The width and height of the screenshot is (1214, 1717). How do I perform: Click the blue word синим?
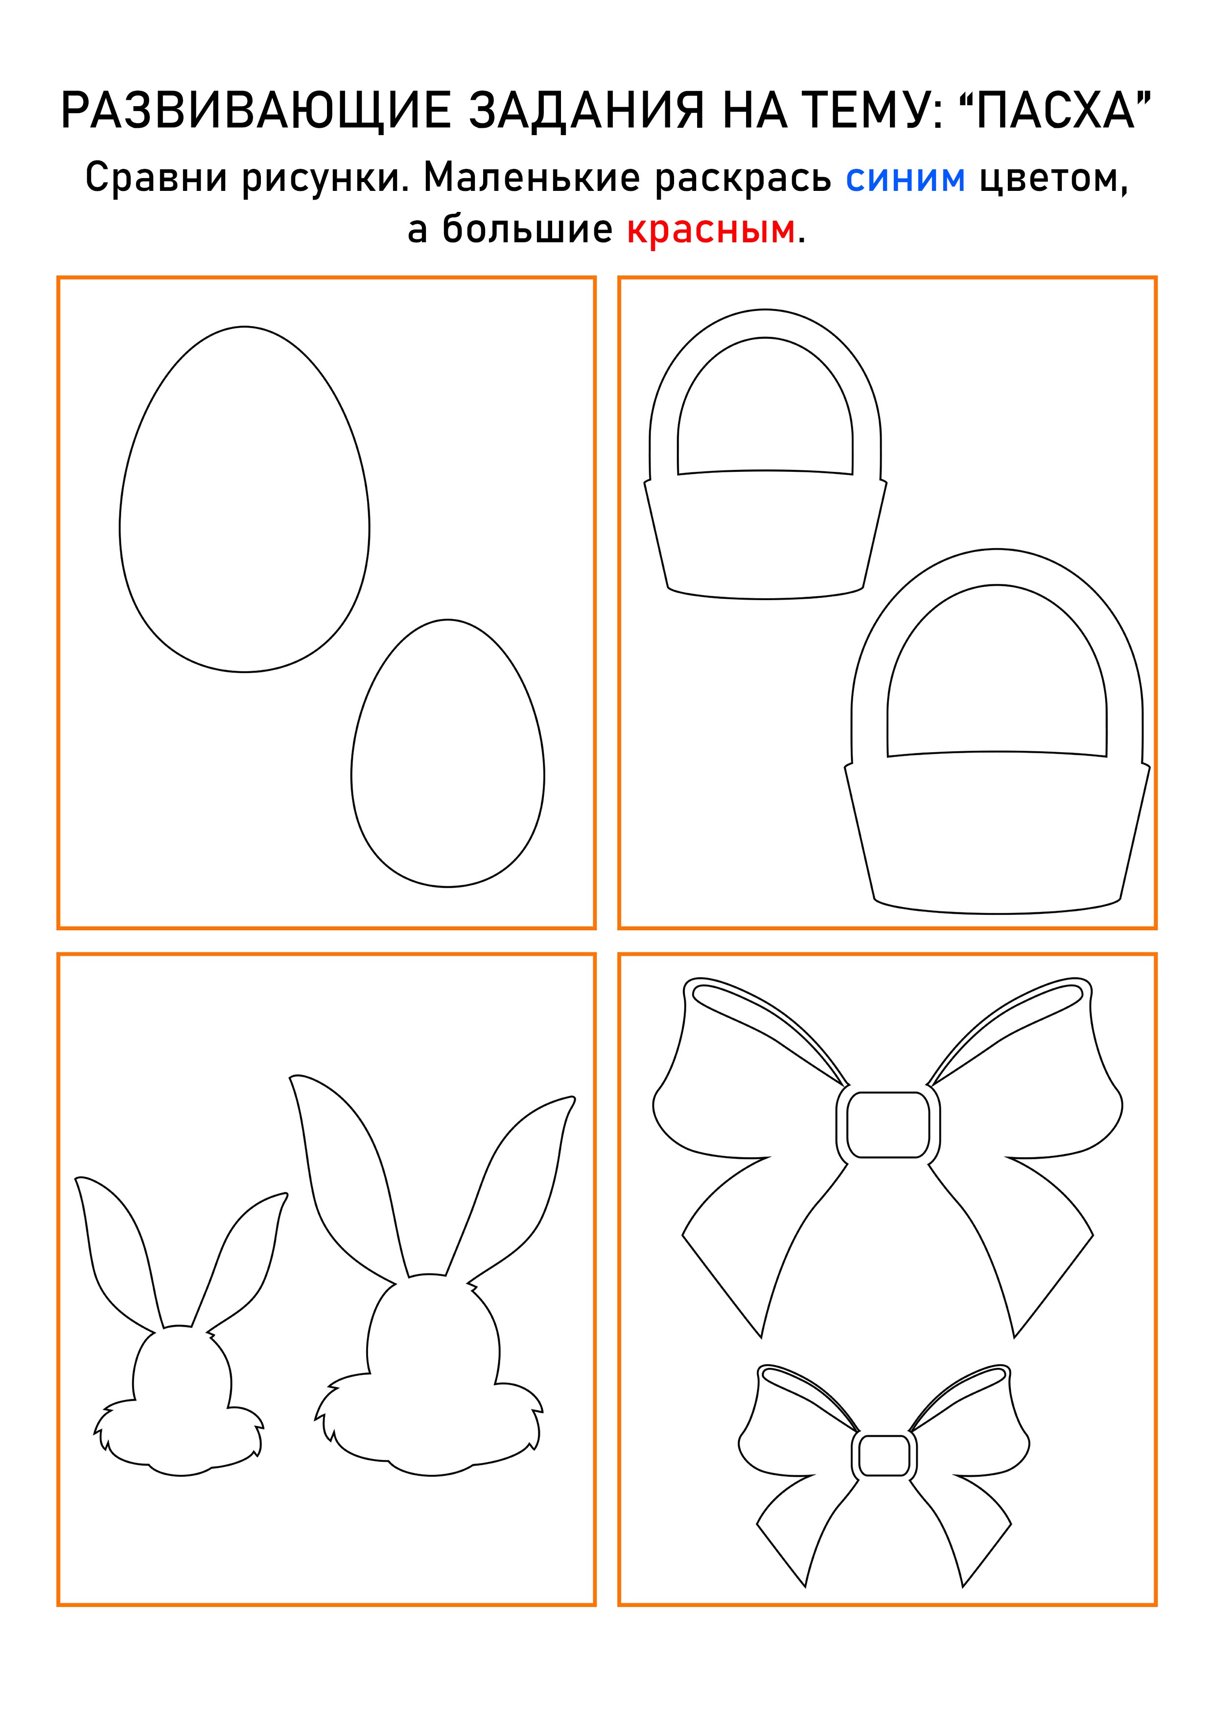point(905,179)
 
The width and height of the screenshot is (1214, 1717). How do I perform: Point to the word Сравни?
point(156,179)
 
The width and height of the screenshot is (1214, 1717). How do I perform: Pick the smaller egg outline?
point(447,753)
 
